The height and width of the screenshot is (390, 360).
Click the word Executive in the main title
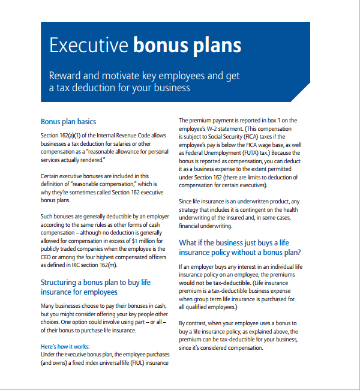[x=89, y=46]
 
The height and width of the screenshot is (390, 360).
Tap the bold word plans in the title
[x=217, y=46]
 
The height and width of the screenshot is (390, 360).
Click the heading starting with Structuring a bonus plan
[x=96, y=282]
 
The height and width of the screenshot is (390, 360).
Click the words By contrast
[x=194, y=323]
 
